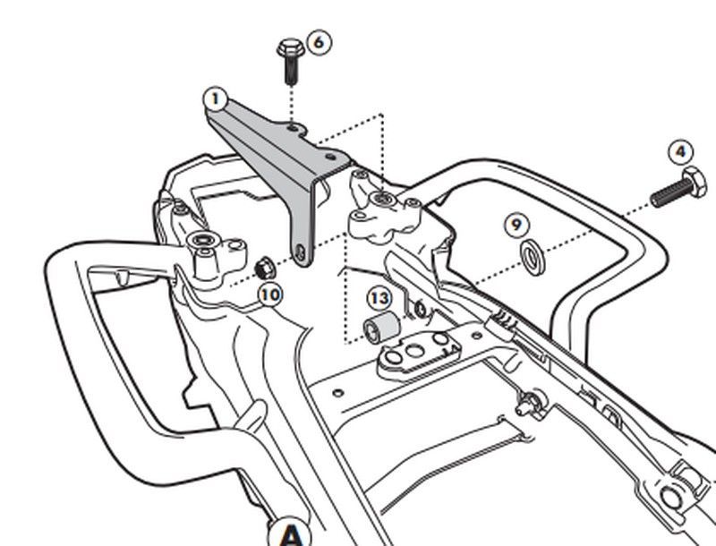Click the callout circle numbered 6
[x=318, y=42]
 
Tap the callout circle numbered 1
[x=215, y=96]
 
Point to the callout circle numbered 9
[x=516, y=224]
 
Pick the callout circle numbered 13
[x=379, y=297]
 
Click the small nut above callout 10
[x=264, y=266]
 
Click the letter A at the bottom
[x=292, y=534]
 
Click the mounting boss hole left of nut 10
[x=203, y=241]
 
